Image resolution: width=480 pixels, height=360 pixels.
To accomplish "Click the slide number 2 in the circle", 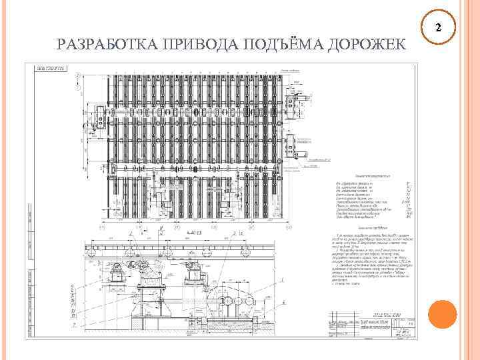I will point(438,28).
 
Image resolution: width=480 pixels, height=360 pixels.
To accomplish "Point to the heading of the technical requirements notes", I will point(370,229).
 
